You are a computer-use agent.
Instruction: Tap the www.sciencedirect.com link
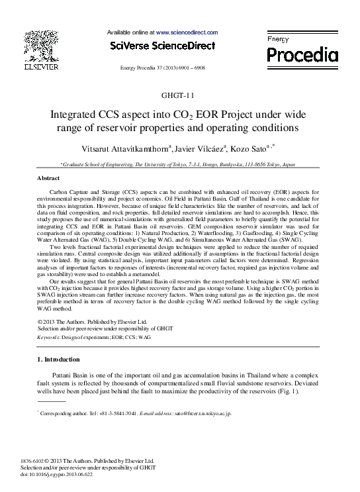tap(187, 32)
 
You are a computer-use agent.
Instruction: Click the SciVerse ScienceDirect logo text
tap(163, 46)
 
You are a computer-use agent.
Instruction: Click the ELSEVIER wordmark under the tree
tap(42, 66)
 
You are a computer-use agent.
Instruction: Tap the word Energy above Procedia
tap(278, 40)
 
